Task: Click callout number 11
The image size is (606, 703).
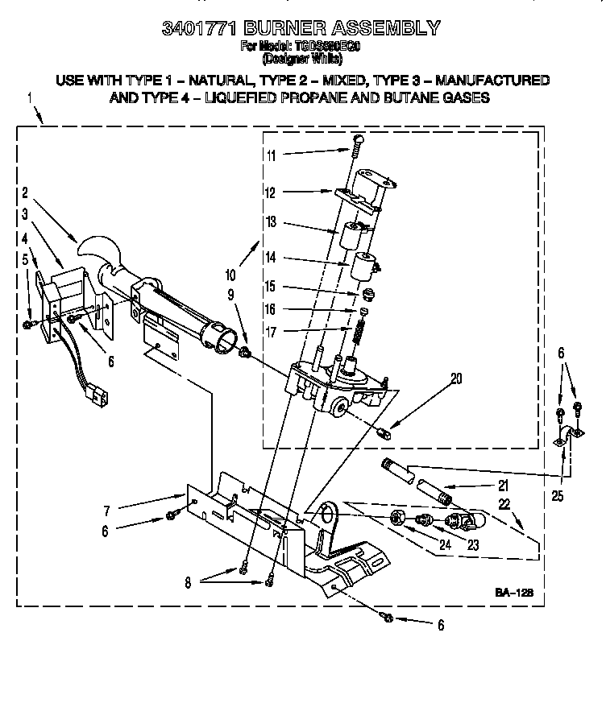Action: point(272,155)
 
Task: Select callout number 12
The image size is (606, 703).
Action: point(272,192)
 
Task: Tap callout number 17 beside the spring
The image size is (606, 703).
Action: point(272,330)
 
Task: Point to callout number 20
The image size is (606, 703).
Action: point(457,378)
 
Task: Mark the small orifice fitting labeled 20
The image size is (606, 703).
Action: point(385,435)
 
